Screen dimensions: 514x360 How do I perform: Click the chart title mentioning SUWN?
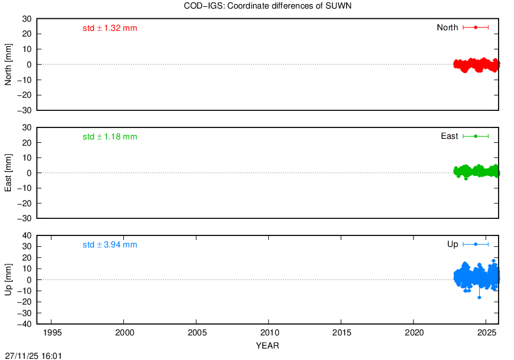tap(267, 6)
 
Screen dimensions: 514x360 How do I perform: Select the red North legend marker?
tap(476, 27)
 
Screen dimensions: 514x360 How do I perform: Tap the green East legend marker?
tap(476, 136)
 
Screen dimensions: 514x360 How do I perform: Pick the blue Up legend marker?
tap(476, 244)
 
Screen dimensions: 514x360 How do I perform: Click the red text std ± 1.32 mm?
tap(110, 28)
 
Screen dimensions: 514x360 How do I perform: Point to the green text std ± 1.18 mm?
tap(110, 137)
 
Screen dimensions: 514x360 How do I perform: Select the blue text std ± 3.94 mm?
tap(110, 245)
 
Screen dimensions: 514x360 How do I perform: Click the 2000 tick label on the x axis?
tap(125, 333)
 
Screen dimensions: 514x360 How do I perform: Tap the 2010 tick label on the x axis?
tap(270, 333)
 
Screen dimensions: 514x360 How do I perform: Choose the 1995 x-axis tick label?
tap(52, 333)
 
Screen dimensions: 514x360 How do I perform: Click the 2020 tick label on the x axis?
tap(415, 333)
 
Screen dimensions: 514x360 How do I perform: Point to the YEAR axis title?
tap(267, 346)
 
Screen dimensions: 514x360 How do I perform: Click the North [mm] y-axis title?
tap(8, 65)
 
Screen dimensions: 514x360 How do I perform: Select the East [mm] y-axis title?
tap(8, 173)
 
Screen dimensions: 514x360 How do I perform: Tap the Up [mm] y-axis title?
tap(8, 279)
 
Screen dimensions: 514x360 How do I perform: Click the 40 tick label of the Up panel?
tap(27, 236)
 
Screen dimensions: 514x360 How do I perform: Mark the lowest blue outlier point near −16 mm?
tap(479, 297)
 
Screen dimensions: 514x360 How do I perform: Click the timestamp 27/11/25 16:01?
tap(34, 356)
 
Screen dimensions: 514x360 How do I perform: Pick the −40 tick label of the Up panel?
tap(25, 324)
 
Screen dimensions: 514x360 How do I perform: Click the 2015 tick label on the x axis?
tap(342, 333)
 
